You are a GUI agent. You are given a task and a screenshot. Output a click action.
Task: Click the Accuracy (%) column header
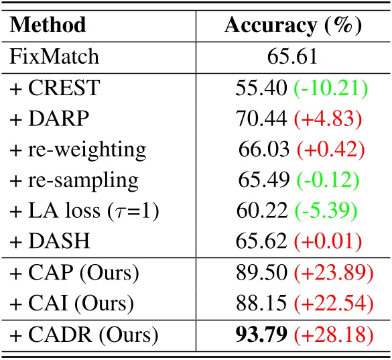point(292,25)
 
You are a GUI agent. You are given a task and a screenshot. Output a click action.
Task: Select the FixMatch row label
point(54,56)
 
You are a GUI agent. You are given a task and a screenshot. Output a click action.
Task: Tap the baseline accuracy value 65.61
point(293,56)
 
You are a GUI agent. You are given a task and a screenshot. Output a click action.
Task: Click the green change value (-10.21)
point(330,88)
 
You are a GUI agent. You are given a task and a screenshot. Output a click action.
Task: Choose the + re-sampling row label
point(74,180)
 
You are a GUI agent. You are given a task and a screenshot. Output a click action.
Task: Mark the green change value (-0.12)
point(327,180)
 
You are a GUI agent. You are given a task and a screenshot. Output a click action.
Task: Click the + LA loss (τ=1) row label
point(81,211)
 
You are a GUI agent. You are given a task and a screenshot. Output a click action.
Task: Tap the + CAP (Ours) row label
point(72,274)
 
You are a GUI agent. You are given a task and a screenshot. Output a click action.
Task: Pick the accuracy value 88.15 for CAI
point(259,304)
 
